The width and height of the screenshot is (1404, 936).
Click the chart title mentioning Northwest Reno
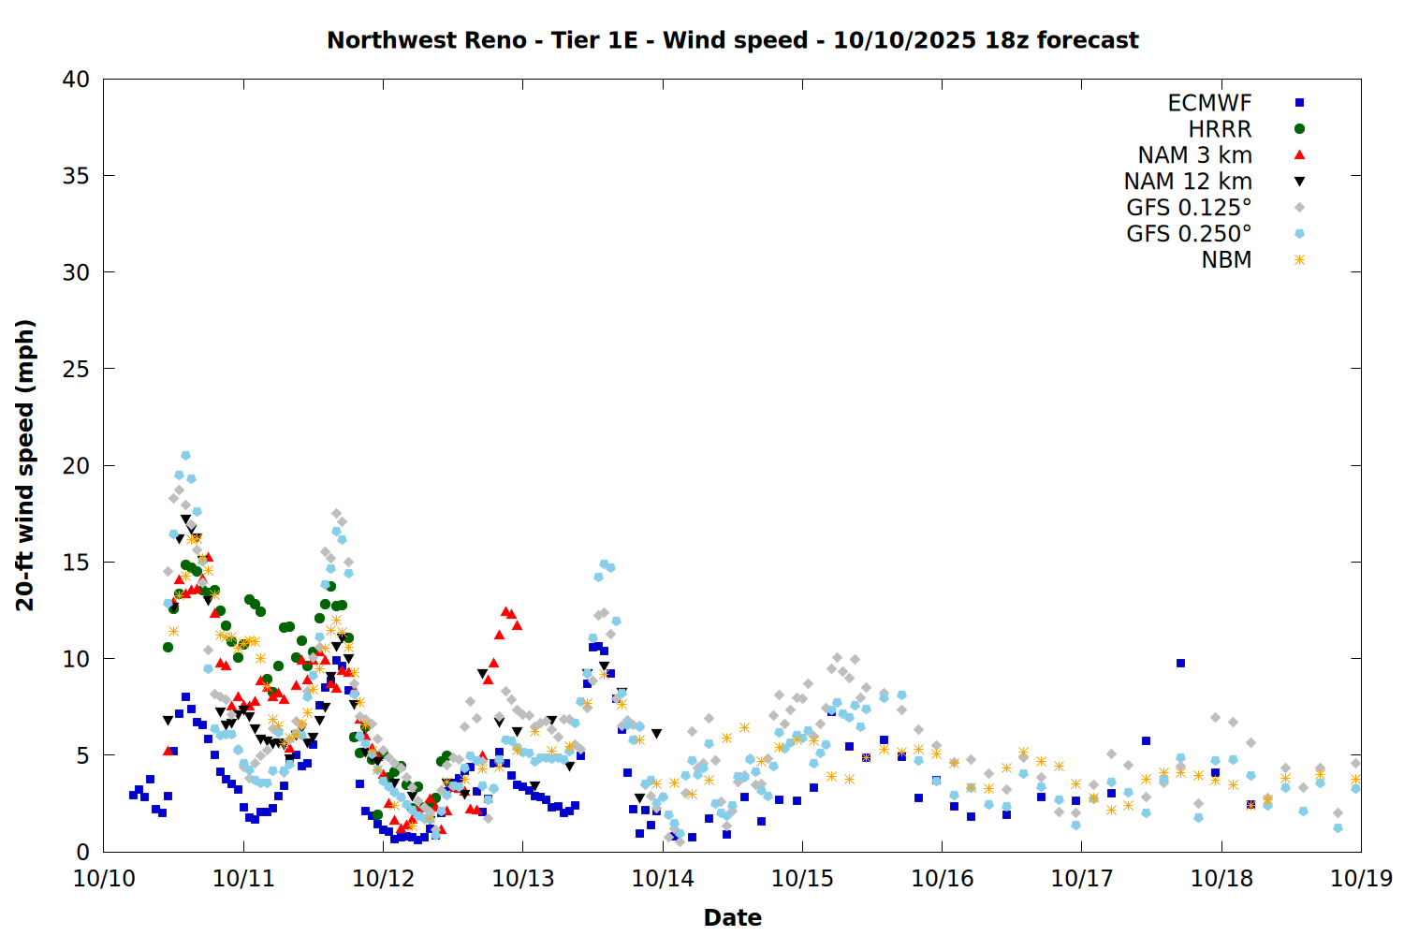click(732, 40)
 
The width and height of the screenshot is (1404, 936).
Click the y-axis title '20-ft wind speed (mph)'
click(25, 465)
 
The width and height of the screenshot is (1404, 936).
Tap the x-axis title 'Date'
click(732, 917)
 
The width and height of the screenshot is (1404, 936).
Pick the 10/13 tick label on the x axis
click(522, 879)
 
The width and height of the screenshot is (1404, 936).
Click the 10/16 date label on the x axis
click(942, 879)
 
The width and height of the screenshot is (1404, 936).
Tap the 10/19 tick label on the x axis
click(1361, 879)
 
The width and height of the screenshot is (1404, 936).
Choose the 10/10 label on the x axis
click(104, 879)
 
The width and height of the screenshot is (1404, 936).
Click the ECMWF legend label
click(1209, 103)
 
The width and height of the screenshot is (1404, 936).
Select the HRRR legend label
click(1220, 129)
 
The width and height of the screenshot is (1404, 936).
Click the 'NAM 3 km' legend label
click(1194, 155)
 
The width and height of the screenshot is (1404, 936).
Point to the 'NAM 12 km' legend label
click(1188, 182)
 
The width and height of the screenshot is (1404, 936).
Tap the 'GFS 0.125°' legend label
click(1189, 208)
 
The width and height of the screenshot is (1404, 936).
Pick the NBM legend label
click(1226, 260)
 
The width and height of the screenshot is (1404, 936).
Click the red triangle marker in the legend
click(1299, 154)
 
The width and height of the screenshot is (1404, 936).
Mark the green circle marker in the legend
click(1299, 129)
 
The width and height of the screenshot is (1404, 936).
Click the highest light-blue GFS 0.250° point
click(185, 456)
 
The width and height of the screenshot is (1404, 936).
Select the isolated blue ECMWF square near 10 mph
click(1180, 663)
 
